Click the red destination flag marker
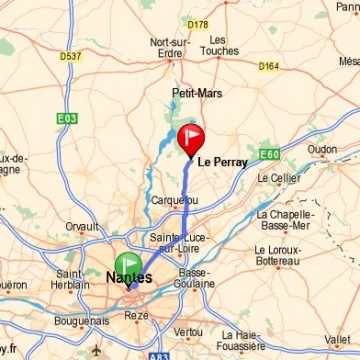pyautogui.click(x=190, y=138)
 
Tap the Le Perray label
pyautogui.click(x=222, y=161)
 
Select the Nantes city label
pyautogui.click(x=130, y=277)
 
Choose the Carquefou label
pyautogui.click(x=173, y=200)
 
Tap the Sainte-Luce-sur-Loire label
pyautogui.click(x=177, y=241)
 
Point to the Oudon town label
pyautogui.click(x=322, y=149)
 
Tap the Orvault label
pyautogui.click(x=82, y=227)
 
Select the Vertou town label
pyautogui.click(x=187, y=331)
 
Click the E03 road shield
pyautogui.click(x=66, y=118)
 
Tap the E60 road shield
pyautogui.click(x=268, y=154)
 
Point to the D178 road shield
pyautogui.click(x=197, y=23)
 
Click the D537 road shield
pyautogui.click(x=71, y=55)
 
